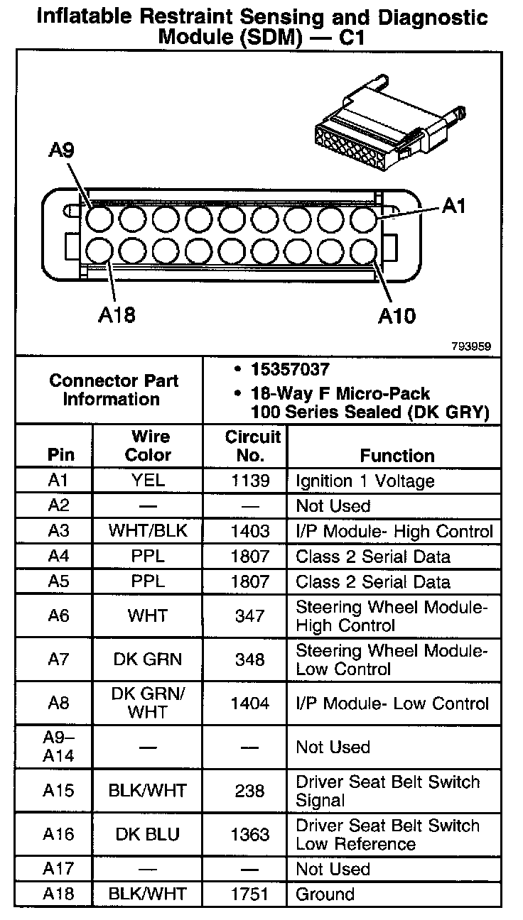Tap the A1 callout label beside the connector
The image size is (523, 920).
(453, 206)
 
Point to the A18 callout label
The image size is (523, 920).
(116, 314)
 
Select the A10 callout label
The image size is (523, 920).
(397, 315)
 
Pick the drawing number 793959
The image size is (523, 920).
(470, 346)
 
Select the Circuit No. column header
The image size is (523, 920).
(252, 445)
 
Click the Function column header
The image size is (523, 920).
(397, 455)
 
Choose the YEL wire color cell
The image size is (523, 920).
(148, 481)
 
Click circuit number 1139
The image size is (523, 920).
(251, 481)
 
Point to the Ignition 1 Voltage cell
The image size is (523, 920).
(365, 481)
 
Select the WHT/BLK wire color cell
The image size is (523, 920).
(148, 531)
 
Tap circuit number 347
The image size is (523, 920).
(250, 615)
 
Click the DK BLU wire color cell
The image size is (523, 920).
(148, 834)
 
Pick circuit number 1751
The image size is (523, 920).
(251, 894)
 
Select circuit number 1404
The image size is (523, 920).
(251, 703)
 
